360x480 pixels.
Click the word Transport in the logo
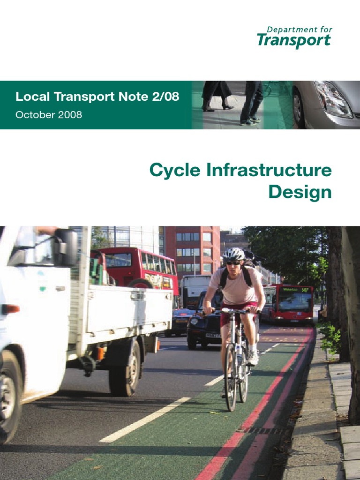(x=294, y=41)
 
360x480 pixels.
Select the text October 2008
(x=49, y=115)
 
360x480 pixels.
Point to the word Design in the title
(x=300, y=192)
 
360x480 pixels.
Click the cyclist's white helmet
(x=233, y=255)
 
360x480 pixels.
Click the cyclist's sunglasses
(x=233, y=263)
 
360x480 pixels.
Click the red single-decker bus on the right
(x=288, y=303)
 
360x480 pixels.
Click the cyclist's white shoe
(x=253, y=358)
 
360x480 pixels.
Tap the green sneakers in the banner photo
(x=249, y=121)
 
